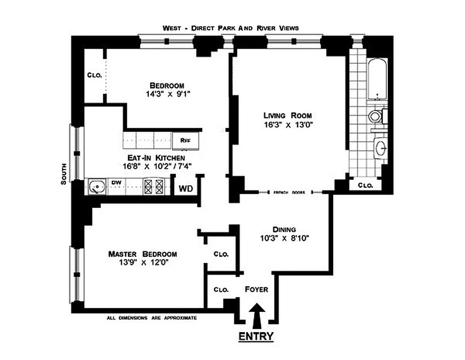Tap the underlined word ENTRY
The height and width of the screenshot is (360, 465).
pos(255,336)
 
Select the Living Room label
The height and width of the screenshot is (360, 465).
pos(287,115)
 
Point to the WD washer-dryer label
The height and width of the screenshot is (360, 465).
pos(186,189)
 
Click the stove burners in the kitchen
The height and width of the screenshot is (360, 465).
pos(154,187)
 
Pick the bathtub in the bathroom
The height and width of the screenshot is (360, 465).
pos(377,80)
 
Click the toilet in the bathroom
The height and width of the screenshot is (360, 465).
pos(375,117)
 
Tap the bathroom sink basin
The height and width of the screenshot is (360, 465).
pos(380,147)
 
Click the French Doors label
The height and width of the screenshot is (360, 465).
pos(289,193)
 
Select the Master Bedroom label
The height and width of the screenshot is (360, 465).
pos(143,254)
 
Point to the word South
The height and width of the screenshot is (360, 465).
pos(64,173)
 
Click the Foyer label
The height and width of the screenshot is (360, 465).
pos(257,289)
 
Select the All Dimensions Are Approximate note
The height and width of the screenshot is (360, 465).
pos(152,318)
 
